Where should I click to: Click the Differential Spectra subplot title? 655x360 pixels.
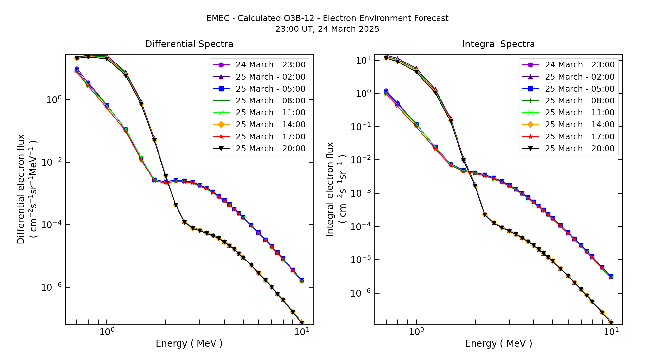(x=189, y=44)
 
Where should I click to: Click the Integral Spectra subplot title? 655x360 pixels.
(x=498, y=44)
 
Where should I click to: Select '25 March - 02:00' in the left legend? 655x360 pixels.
(x=271, y=77)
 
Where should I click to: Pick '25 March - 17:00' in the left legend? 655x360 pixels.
(x=271, y=137)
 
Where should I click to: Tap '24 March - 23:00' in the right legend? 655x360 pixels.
(x=580, y=65)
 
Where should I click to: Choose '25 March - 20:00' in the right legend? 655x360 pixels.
(x=580, y=149)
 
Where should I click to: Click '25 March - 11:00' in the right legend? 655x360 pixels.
(x=580, y=113)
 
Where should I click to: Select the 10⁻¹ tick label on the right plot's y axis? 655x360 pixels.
(x=361, y=127)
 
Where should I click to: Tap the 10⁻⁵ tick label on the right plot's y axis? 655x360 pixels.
(x=361, y=260)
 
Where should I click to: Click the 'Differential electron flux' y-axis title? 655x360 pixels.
(x=21, y=189)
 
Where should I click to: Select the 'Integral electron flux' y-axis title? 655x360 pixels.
(x=330, y=189)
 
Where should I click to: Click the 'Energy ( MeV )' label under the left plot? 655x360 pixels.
(x=189, y=343)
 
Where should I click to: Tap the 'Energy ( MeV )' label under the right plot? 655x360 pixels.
(x=498, y=343)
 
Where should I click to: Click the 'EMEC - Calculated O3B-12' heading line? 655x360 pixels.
(x=327, y=18)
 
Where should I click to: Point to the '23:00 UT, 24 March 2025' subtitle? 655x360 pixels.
(x=327, y=29)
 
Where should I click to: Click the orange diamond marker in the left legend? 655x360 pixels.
(x=221, y=125)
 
